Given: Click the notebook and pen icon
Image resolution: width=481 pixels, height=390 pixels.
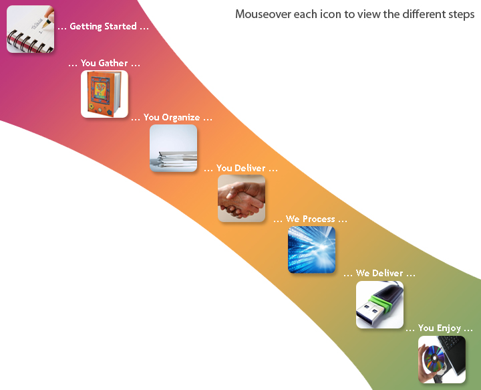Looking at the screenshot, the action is pos(30,29).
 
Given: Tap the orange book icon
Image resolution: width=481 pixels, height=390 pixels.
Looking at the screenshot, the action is pos(104,94).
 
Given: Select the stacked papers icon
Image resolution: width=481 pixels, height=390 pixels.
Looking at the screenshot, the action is pos(173,148).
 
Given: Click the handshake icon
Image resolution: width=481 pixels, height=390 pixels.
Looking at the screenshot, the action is pos(241,199).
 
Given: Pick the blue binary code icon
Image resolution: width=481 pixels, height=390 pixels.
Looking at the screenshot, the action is pos(312,250).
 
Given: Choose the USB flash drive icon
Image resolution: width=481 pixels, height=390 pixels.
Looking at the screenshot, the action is pos(379,304).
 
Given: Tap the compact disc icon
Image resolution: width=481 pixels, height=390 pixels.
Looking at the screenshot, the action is pos(442,359).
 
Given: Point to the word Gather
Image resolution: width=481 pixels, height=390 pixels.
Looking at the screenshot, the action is pos(113,63).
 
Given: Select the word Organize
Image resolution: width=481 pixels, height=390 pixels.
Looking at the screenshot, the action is pos(181,118).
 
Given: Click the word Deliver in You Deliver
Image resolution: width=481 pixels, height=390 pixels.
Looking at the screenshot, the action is pos(250,168).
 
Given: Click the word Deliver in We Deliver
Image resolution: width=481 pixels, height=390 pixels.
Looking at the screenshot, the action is pos(387,273).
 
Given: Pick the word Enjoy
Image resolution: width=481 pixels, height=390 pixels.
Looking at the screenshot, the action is pos(449,328).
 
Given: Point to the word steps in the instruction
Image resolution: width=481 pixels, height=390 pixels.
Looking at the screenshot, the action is pos(460,15).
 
